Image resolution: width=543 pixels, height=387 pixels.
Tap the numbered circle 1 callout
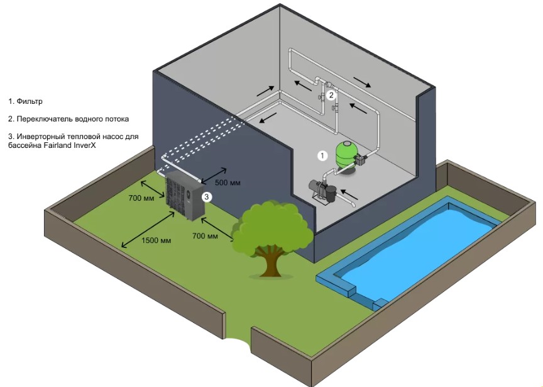pyautogui.click(x=322, y=154)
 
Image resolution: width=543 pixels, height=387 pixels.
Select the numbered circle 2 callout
pyautogui.click(x=331, y=96)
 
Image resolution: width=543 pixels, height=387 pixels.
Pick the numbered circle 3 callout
pyautogui.click(x=206, y=196)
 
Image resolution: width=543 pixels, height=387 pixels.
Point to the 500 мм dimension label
pyautogui.click(x=228, y=182)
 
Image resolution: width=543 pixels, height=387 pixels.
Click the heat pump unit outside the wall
pyautogui.click(x=182, y=198)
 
